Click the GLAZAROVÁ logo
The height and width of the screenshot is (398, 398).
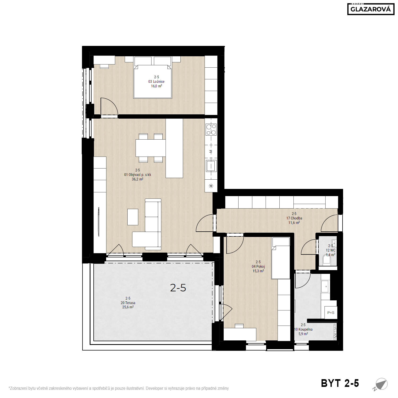point(371,9)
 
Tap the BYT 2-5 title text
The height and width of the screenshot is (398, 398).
point(340,383)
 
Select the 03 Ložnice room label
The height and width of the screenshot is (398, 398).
point(156,81)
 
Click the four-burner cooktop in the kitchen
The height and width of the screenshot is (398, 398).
point(211,130)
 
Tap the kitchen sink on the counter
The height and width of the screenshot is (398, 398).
point(211,166)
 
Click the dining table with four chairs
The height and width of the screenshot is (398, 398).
point(150,148)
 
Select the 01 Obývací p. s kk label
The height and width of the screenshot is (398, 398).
point(137,175)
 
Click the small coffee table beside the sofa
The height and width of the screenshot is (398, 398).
point(133,217)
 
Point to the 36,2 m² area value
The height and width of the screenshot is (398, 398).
point(137,179)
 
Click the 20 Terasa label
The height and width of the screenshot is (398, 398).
point(128,303)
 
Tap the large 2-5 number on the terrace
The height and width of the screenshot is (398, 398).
point(178,288)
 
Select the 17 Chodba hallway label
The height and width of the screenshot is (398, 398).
point(294,218)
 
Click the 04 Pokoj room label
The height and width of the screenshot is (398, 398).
point(258,267)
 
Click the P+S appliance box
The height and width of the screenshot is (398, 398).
point(331,313)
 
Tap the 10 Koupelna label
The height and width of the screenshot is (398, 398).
point(303,329)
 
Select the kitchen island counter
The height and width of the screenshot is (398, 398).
point(174,148)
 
